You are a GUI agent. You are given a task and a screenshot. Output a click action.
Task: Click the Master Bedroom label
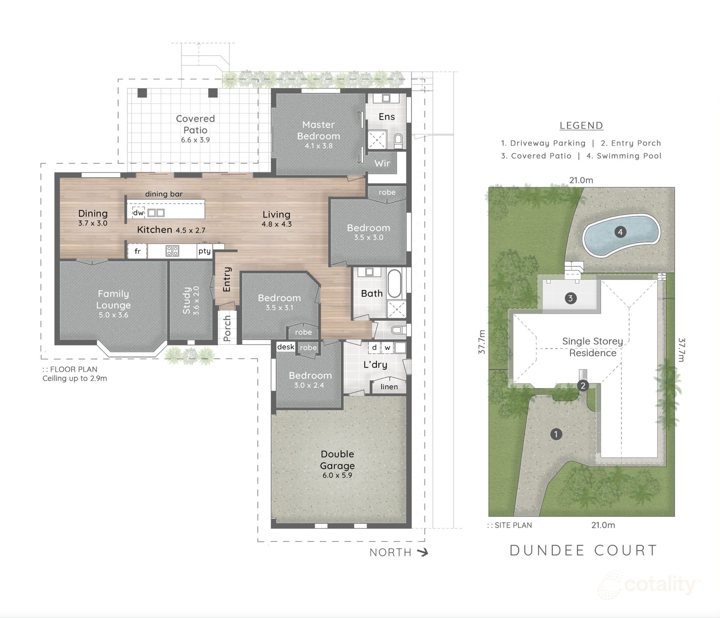[x=318, y=130]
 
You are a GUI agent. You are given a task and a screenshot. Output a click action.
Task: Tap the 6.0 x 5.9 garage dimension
[x=337, y=475]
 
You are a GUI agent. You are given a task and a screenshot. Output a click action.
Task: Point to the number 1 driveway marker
[x=556, y=434]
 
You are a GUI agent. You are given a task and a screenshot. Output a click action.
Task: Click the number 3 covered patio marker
[x=570, y=298]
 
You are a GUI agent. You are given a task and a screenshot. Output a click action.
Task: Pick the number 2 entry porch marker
[x=583, y=385]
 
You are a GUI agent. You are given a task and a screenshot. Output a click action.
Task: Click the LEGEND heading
[x=581, y=125]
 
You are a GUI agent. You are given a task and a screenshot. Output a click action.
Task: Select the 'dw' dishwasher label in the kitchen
[x=138, y=213]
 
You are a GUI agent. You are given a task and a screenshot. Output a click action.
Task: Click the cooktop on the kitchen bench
[x=172, y=251]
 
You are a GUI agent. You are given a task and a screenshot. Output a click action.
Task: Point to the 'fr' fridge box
[x=137, y=251]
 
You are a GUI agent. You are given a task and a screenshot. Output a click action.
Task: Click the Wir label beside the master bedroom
[x=382, y=163]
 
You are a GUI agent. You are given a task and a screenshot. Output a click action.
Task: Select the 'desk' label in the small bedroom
[x=286, y=347]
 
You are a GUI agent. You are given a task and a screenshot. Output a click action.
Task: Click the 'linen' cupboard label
[x=389, y=387]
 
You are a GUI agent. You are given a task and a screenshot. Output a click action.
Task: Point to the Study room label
[x=187, y=300]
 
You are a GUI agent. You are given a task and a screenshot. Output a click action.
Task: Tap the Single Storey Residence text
[x=593, y=347]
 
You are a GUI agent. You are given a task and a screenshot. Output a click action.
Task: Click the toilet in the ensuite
[x=398, y=140]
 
